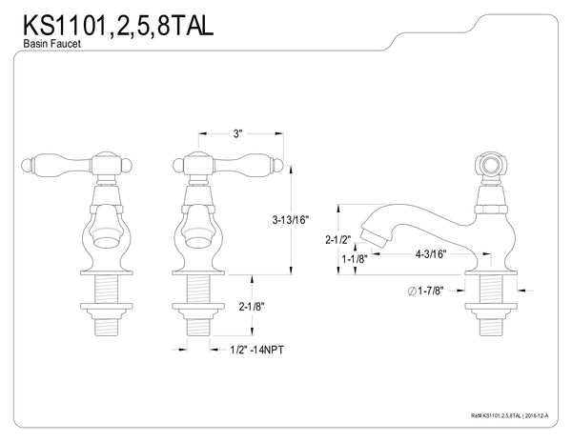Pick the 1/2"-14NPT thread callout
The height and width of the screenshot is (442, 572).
pyautogui.click(x=257, y=351)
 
